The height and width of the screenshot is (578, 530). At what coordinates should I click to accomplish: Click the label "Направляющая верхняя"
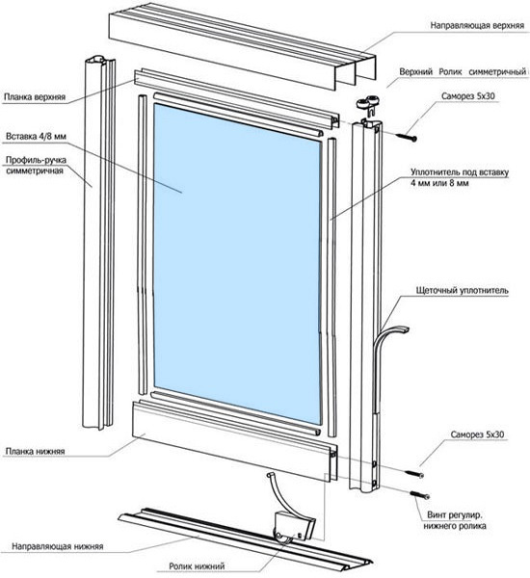[477, 25]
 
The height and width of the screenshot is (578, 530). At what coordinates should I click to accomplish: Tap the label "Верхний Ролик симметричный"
[463, 72]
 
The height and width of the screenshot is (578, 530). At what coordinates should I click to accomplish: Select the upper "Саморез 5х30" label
[467, 96]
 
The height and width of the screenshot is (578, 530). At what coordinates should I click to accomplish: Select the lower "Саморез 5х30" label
[477, 434]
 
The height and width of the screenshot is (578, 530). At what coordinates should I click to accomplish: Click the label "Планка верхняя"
[35, 97]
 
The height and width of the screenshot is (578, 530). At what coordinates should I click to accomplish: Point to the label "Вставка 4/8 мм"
[36, 137]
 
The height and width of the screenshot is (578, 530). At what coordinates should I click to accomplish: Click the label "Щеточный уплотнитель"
[463, 291]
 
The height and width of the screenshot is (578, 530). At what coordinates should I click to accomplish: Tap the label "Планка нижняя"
[35, 451]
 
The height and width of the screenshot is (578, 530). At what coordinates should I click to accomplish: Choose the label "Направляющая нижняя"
[58, 546]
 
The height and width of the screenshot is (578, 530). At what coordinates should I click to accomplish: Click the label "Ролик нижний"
[197, 565]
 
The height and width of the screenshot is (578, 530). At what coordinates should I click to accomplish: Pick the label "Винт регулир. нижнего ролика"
[455, 520]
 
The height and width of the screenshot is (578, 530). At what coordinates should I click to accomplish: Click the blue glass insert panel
[238, 264]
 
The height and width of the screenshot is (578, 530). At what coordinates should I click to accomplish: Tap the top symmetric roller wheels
[368, 102]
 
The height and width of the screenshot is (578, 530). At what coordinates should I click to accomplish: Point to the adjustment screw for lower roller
[420, 495]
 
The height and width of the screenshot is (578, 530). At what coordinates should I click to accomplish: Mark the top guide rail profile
[242, 46]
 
